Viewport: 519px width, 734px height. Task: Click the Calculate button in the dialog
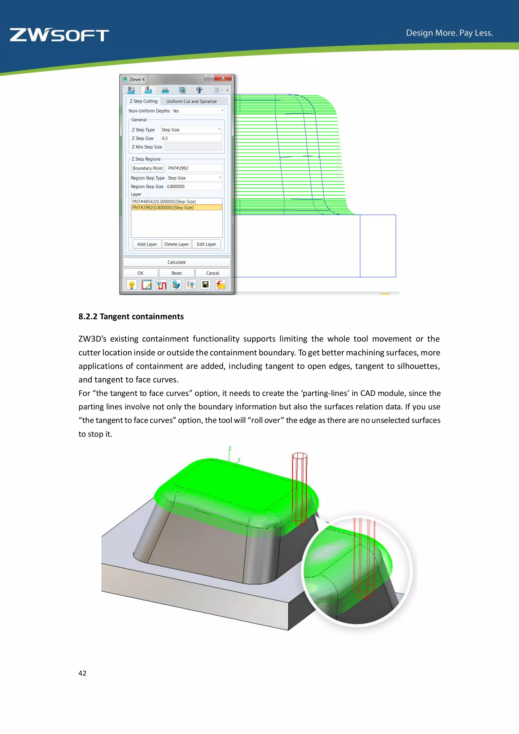coord(176,262)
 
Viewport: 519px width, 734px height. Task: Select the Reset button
coord(176,273)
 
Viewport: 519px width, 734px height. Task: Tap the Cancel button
coord(213,273)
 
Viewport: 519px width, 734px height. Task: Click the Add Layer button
coord(147,244)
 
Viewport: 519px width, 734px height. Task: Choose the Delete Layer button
coord(176,244)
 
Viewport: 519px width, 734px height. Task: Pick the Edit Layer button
coord(207,244)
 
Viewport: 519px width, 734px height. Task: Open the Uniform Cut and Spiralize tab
coord(191,101)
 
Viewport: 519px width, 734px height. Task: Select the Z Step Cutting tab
coord(143,101)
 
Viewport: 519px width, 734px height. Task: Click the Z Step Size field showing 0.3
coord(191,138)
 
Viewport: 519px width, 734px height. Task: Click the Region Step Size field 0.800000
coord(194,186)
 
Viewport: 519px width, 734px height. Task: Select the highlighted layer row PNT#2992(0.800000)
coord(176,208)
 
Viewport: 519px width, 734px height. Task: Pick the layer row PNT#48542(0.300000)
coord(176,201)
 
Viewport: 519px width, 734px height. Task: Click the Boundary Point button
coord(148,168)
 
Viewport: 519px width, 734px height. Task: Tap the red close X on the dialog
coord(223,78)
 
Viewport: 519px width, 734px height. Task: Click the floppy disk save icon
coord(206,285)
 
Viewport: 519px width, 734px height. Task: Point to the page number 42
coord(82,673)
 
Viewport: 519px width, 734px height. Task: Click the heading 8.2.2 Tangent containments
coord(131,317)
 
